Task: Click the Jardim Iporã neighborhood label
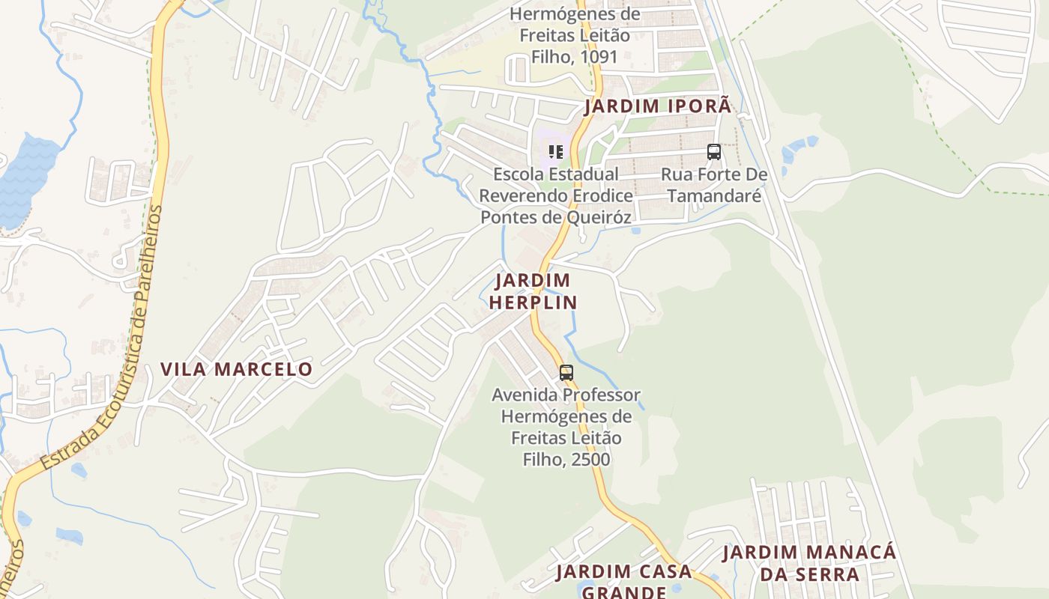click(657, 106)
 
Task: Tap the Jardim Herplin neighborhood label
click(536, 291)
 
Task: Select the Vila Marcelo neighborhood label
click(236, 369)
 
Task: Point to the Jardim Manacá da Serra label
click(809, 563)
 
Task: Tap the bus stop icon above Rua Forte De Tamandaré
click(714, 152)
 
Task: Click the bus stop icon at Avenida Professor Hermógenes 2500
click(566, 372)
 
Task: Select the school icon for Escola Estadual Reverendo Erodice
click(555, 152)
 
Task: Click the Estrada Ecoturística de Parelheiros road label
click(100, 337)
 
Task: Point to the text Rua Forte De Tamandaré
click(714, 185)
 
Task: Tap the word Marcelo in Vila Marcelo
click(264, 369)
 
